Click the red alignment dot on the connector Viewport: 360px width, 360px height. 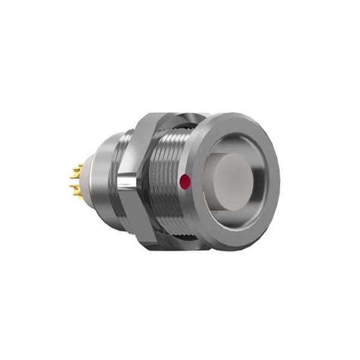pyautogui.click(x=185, y=179)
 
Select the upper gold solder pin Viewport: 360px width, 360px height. pyautogui.click(x=75, y=174)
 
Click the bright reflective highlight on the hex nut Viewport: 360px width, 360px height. pyautogui.click(x=128, y=180)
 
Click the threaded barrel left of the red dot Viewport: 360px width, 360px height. pyautogui.click(x=165, y=180)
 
